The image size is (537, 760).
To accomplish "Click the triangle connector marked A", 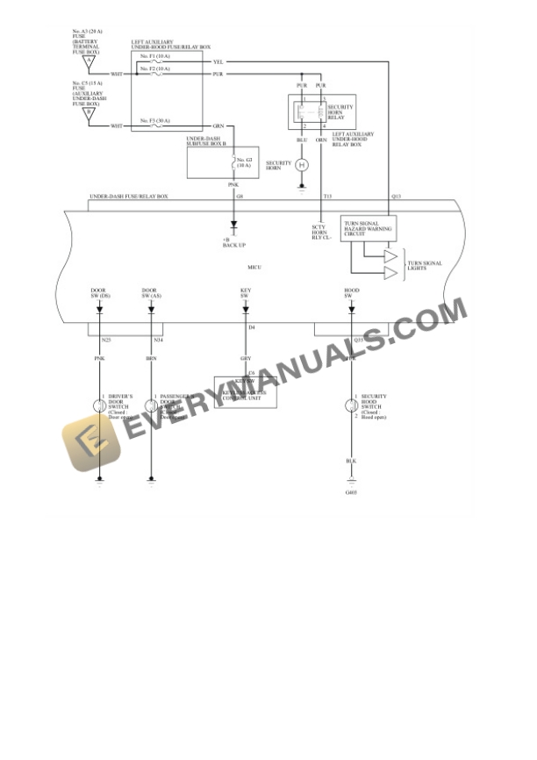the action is pos(101,61).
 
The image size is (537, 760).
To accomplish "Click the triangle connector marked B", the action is pos(101,112).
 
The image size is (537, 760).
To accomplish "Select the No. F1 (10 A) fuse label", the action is pos(155,55).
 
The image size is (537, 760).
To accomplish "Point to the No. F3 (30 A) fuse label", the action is pos(155,120).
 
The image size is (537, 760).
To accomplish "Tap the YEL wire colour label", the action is pos(218,62).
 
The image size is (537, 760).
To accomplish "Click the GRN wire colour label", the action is pos(218,126).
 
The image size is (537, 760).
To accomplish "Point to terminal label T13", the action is pos(327,196).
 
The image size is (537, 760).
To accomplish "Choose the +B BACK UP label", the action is pos(233,241).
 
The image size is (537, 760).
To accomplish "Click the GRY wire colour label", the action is pos(245,358).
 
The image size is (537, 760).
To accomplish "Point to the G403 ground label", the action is pos(352,492).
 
